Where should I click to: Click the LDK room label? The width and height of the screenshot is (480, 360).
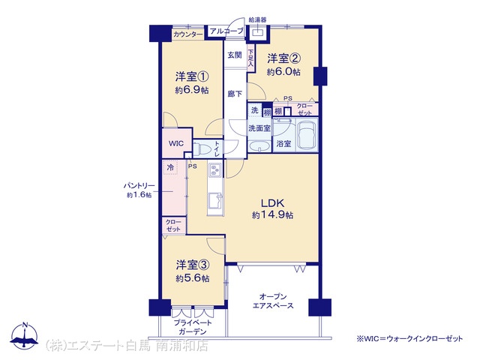[x=272, y=203]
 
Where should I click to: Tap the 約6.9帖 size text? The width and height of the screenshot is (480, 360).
[x=192, y=90]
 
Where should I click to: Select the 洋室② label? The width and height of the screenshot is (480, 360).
[x=283, y=58]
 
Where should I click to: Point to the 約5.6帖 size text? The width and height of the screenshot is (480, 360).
[x=193, y=278]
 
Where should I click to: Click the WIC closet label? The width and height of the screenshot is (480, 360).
[x=176, y=143]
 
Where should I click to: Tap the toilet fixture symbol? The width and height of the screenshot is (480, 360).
[x=201, y=149]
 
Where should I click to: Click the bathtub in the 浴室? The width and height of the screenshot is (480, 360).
[x=307, y=135]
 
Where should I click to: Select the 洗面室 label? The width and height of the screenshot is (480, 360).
[x=259, y=128]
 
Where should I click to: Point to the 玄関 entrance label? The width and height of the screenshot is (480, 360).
[x=235, y=55]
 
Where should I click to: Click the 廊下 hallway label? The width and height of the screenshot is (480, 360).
[x=235, y=94]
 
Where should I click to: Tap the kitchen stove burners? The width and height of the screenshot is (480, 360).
[x=215, y=169]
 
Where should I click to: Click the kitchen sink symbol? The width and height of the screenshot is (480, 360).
[x=215, y=200]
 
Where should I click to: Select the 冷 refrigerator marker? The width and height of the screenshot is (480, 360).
[x=170, y=167]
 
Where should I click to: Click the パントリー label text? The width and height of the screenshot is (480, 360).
[x=139, y=186]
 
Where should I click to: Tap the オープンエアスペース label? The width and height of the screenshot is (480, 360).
[x=273, y=301]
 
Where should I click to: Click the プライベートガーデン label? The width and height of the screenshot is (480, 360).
[x=193, y=327]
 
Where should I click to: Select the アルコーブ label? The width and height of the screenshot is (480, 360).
[x=226, y=31]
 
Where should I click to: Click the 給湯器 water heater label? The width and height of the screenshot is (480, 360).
[x=257, y=20]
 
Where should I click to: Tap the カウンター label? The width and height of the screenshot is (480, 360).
[x=188, y=34]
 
